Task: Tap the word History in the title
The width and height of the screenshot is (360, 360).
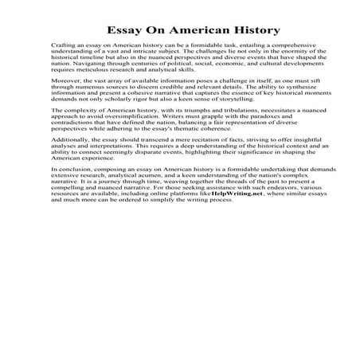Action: click(256, 31)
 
